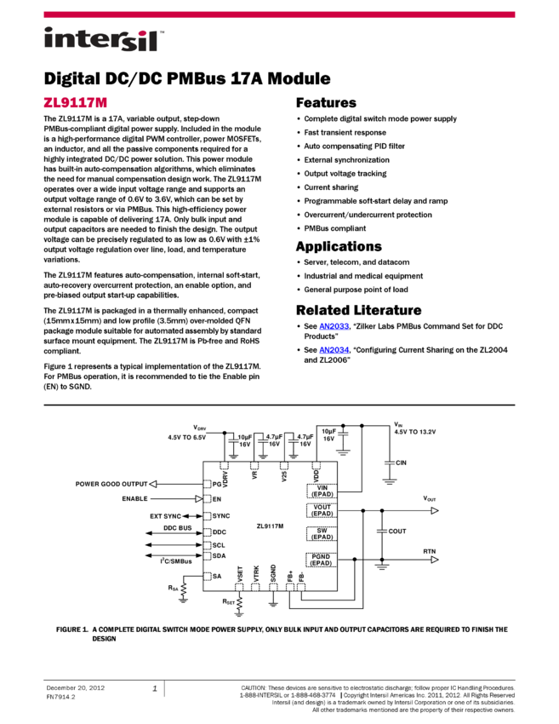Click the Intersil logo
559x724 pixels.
pos(104,40)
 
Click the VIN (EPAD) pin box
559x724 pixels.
pos(322,491)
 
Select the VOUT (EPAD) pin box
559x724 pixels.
pos(322,511)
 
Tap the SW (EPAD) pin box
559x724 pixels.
pos(322,533)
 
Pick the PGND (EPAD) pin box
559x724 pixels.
pos(322,559)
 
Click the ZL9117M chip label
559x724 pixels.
pos(270,526)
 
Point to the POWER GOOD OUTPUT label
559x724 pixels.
pos(111,484)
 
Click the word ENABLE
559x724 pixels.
pos(134,499)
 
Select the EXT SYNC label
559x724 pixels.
pos(165,516)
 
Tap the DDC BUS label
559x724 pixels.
pos(177,527)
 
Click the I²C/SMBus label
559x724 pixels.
pos(176,560)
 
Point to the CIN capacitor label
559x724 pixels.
pos(401,463)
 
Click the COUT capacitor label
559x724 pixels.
pos(397,532)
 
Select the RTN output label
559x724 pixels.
pos(430,552)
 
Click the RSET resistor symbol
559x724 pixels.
pos(239,604)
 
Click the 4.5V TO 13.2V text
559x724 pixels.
pos(414,432)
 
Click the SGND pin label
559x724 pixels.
pos(273,573)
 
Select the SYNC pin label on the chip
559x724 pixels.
pos(221,516)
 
